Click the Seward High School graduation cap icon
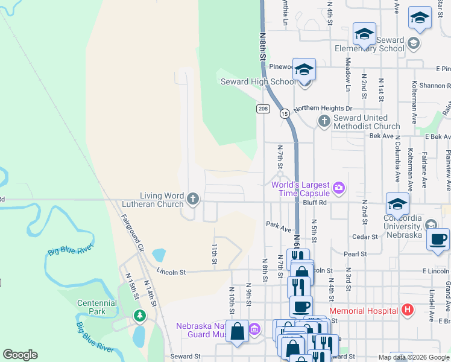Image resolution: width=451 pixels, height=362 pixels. (304, 71)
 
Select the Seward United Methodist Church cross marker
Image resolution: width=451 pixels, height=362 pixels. (324, 121)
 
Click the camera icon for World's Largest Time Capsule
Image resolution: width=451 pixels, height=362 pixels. (339, 188)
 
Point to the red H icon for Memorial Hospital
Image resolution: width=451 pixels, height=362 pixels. (408, 310)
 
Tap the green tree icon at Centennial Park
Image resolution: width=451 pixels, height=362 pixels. (140, 316)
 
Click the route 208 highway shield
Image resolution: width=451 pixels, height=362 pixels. (262, 109)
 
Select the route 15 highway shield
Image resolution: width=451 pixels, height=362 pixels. (283, 113)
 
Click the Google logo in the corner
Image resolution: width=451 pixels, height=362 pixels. (20, 355)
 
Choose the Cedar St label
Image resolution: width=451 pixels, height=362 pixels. (364, 237)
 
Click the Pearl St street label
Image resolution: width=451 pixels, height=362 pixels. (355, 255)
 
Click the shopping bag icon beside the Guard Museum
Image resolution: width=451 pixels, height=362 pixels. (237, 331)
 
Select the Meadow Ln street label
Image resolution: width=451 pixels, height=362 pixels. (348, 74)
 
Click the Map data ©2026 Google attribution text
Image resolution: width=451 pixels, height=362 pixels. (413, 357)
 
